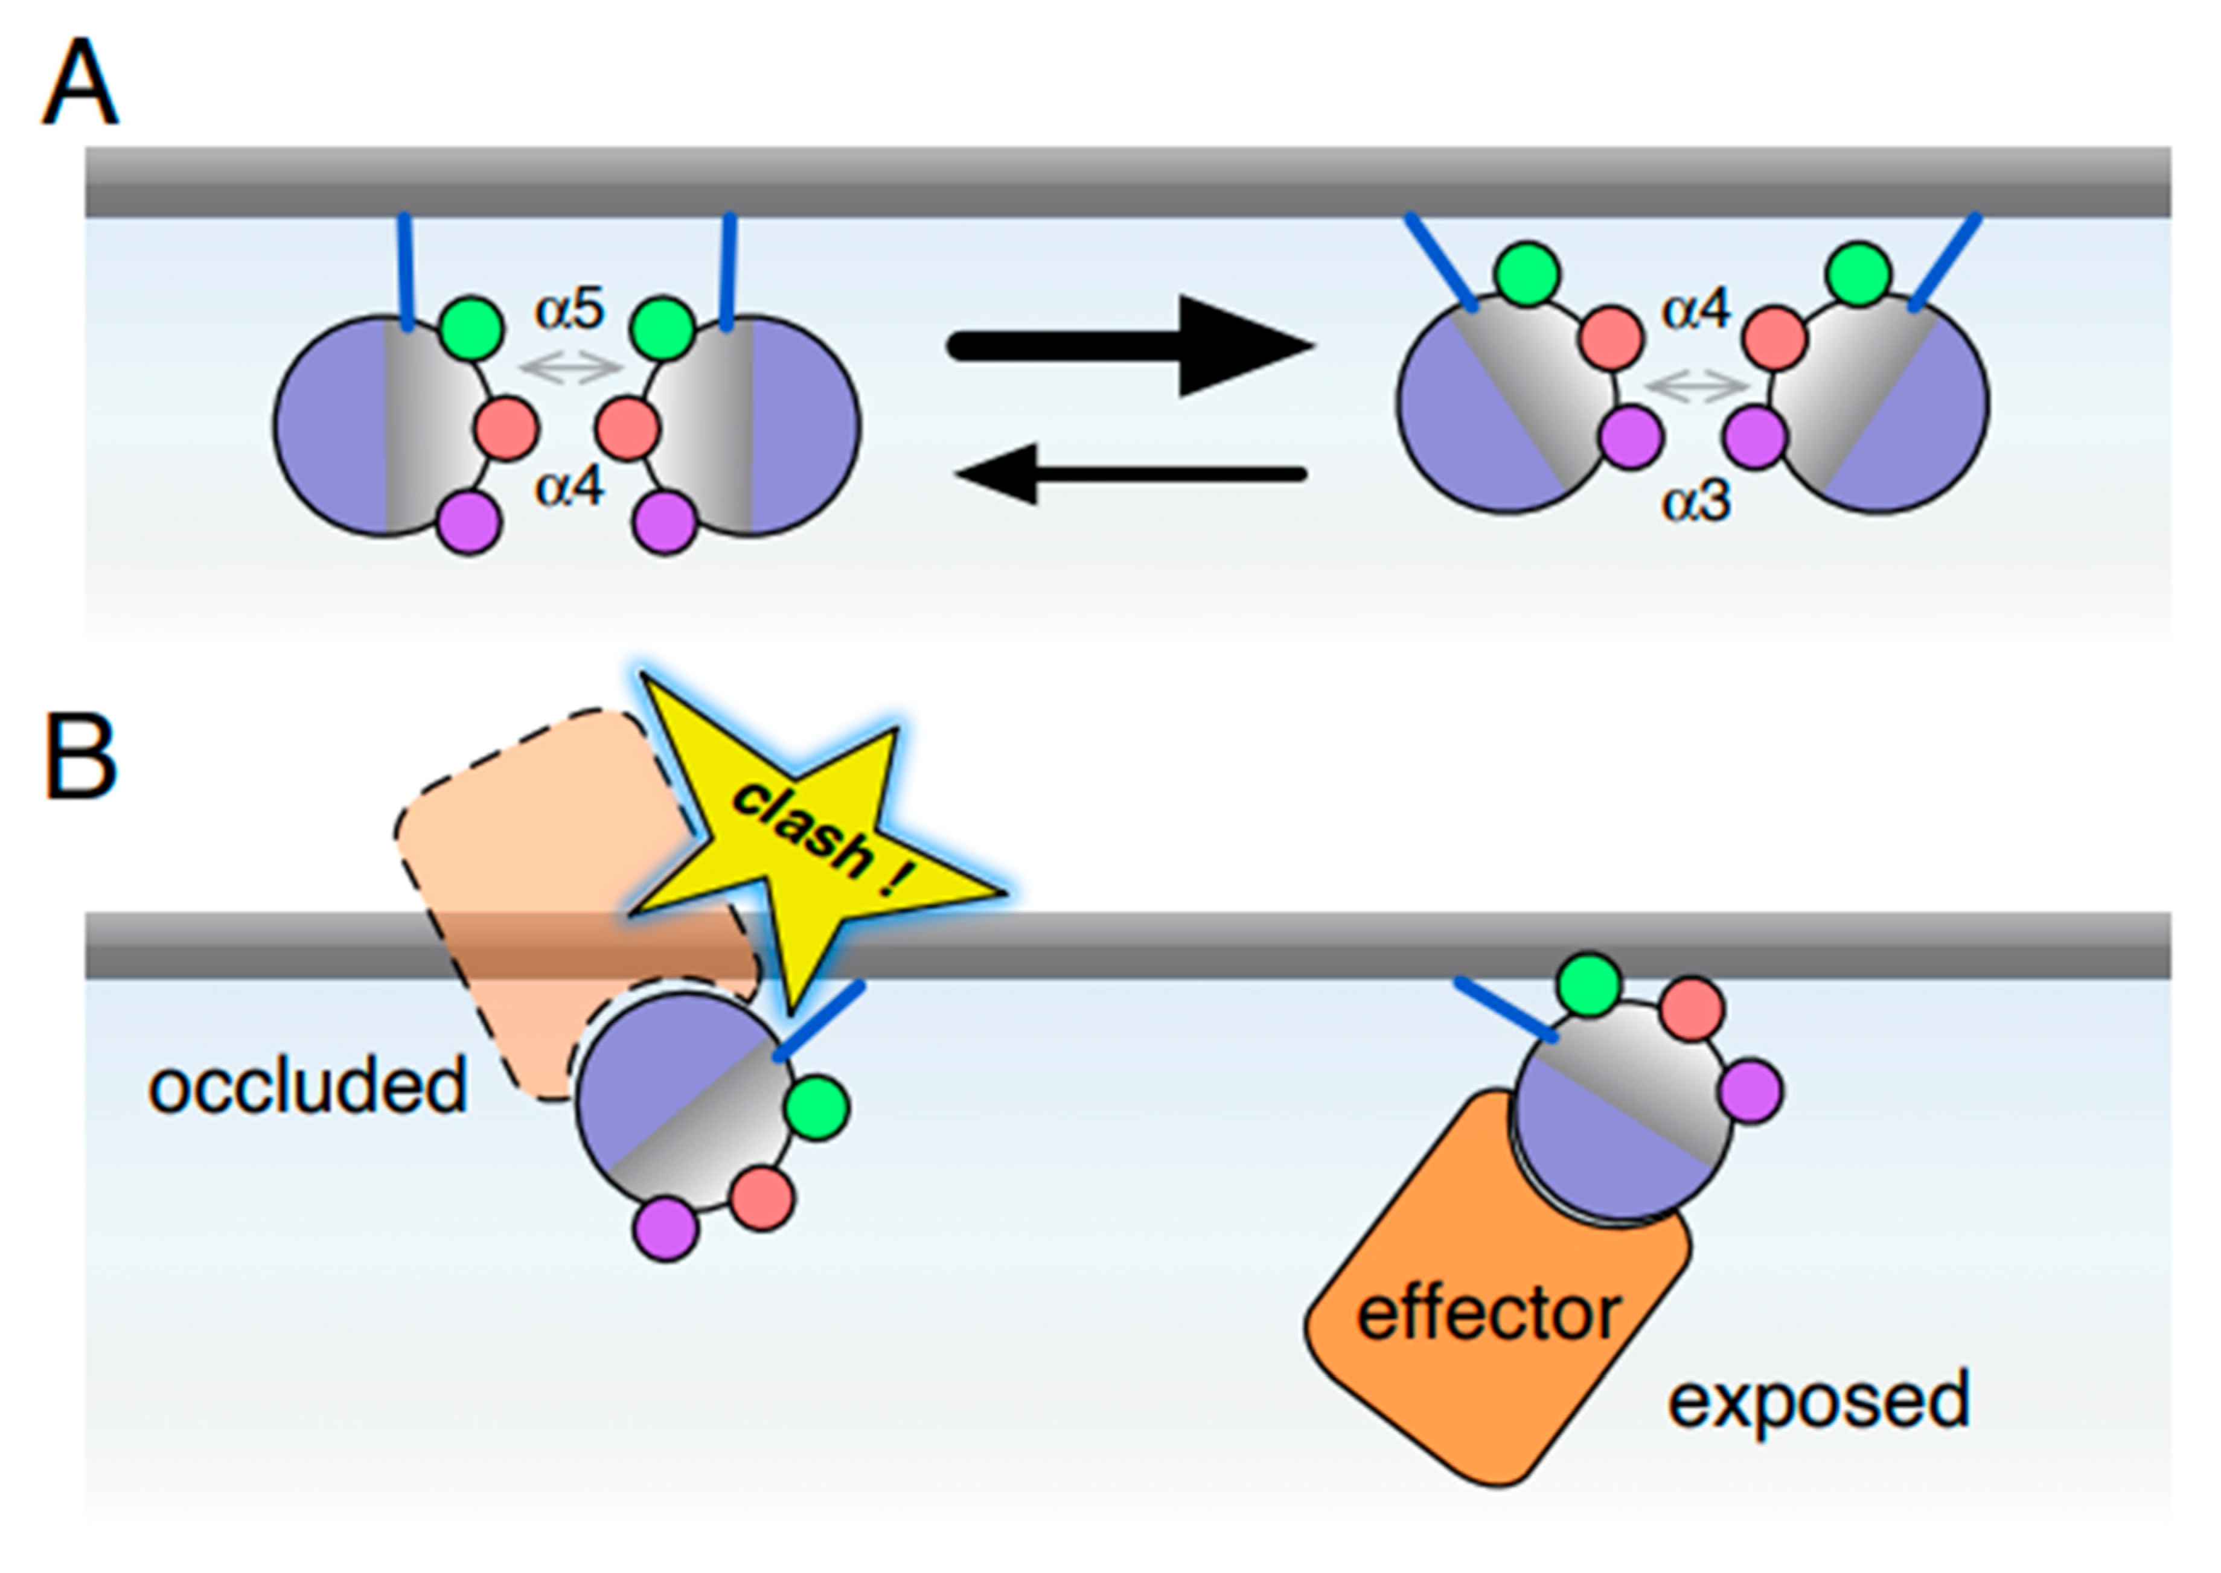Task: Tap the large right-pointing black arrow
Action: click(1128, 346)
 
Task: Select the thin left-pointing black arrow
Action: click(1128, 474)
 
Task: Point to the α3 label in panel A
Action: click(1695, 503)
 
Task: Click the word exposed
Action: click(1818, 1400)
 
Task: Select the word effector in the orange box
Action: click(1488, 1312)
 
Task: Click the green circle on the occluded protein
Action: click(817, 1107)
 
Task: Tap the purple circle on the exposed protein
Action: click(1751, 1091)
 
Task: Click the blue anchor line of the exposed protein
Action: click(1506, 1009)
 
